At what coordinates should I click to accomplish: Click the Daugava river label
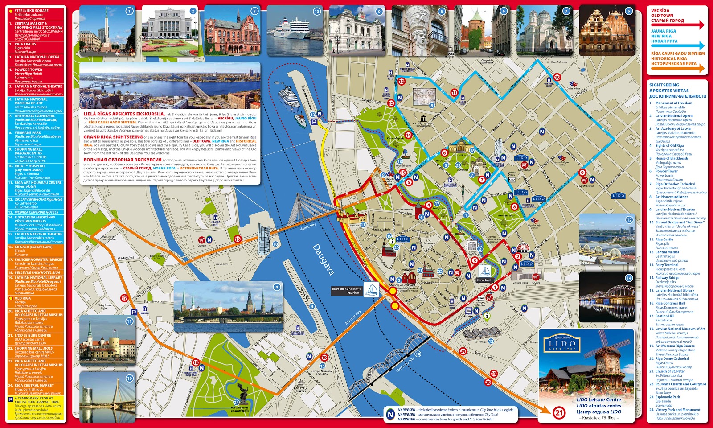coord(323,259)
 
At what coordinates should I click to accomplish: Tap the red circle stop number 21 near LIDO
coord(559,413)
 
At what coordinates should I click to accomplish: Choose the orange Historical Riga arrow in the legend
coord(677,68)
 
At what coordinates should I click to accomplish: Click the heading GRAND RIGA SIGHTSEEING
coord(113,137)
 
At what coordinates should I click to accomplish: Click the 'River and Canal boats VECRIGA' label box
coord(347,291)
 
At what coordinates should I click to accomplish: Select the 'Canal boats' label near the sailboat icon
coord(485,280)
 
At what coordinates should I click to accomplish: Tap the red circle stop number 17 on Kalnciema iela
coord(124,298)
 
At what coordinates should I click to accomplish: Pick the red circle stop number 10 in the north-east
coord(557,77)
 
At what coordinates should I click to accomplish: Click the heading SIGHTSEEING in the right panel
coord(664,85)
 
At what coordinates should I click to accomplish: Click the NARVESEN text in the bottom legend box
coord(406,409)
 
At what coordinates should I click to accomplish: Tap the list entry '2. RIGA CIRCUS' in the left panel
coord(25,44)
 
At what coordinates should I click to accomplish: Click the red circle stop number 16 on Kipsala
coord(238,239)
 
